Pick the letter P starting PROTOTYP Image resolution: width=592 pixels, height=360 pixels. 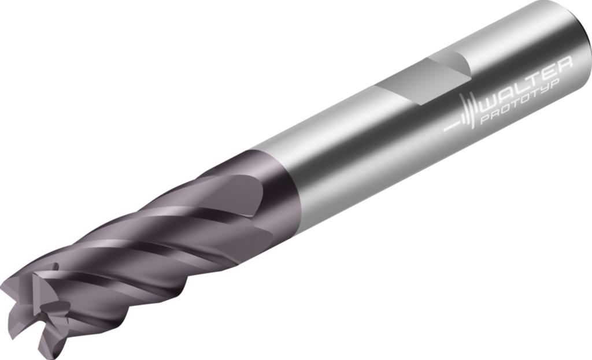485,122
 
